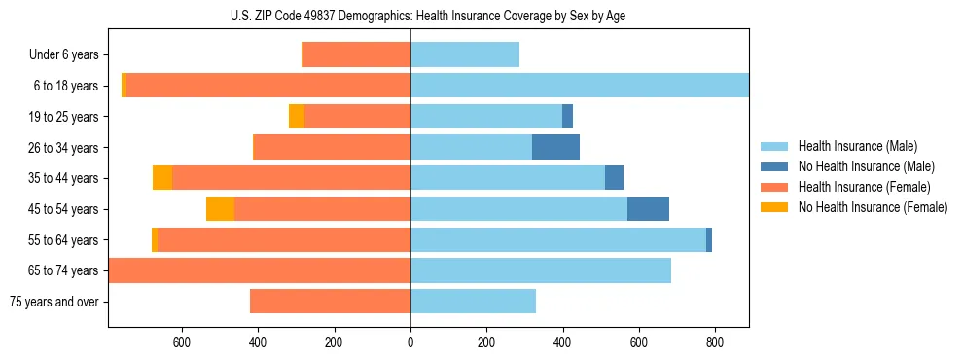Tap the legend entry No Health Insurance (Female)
point(873,207)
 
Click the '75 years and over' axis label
point(53,302)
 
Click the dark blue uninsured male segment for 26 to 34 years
point(555,147)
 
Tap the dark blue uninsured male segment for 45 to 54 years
point(648,209)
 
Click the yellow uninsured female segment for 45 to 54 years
point(220,209)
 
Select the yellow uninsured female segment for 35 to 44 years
point(162,178)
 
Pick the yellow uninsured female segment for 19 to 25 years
point(297,117)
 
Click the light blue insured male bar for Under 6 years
point(465,55)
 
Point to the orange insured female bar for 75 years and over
point(330,302)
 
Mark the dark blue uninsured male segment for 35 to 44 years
point(614,178)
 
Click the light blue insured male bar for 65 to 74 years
point(541,270)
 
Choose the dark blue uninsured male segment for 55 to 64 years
point(709,239)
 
